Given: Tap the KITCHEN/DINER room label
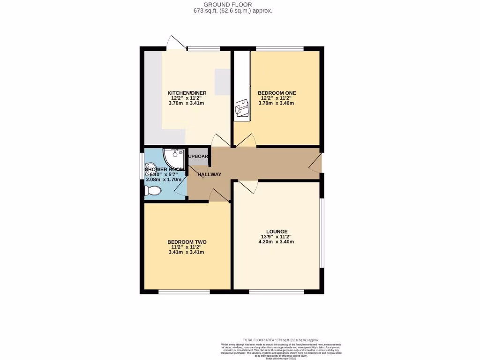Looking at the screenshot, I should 187,93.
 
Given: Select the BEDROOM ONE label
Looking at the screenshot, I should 277,93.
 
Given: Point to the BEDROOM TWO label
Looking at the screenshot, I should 187,242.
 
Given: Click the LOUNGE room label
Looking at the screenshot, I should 277,232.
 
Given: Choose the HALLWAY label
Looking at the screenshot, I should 209,174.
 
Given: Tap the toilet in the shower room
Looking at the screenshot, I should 152,190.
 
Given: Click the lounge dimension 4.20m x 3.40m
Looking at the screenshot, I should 277,242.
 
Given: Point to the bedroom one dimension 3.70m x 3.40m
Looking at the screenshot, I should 277,103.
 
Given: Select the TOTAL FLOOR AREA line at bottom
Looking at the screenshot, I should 280,340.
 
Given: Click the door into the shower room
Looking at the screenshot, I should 180,188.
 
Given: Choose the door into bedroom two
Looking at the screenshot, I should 217,195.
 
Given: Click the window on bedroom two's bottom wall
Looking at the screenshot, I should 184,292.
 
